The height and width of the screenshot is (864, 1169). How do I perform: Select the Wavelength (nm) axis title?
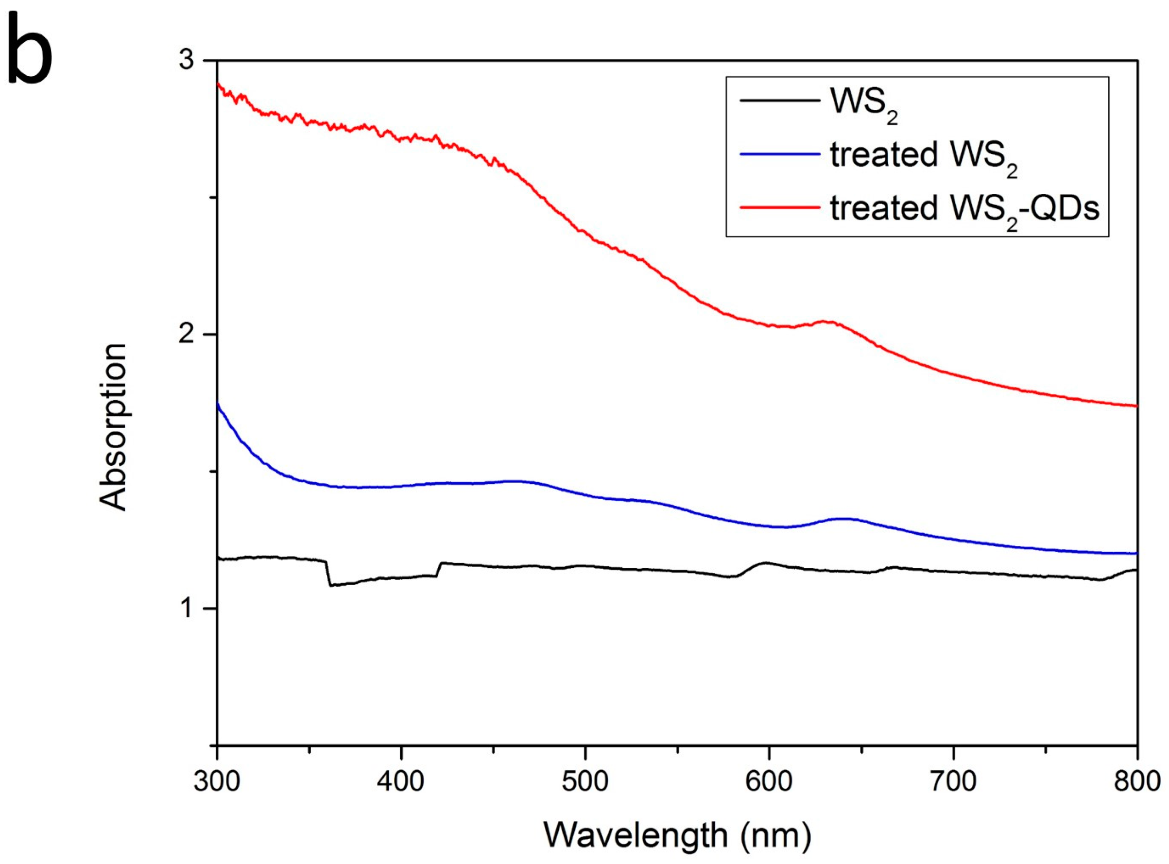point(677,835)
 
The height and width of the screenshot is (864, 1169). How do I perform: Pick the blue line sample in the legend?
point(779,154)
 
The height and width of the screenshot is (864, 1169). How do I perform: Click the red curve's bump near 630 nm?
point(827,322)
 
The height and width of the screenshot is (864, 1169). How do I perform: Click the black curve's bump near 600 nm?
point(766,563)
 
